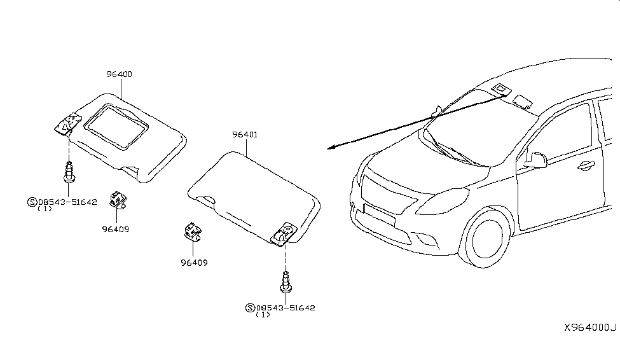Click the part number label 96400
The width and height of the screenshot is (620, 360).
click(x=119, y=74)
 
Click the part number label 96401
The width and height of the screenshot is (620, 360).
click(x=245, y=134)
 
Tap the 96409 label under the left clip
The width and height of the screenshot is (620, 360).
click(x=116, y=229)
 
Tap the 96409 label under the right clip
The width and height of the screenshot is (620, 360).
click(x=194, y=262)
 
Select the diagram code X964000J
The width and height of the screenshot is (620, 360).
click(x=590, y=328)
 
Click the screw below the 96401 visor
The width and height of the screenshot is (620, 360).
click(x=286, y=282)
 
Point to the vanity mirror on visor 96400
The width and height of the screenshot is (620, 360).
click(x=116, y=127)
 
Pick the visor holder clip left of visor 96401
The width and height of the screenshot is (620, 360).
click(x=193, y=231)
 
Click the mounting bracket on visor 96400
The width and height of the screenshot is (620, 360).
click(x=68, y=124)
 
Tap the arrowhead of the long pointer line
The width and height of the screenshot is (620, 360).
click(x=331, y=148)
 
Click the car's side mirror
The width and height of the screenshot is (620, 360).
click(x=536, y=160)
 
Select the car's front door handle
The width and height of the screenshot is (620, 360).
click(x=586, y=166)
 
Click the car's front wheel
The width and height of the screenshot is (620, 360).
click(x=486, y=238)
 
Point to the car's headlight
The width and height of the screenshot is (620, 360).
click(x=442, y=201)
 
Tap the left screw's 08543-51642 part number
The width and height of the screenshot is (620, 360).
click(x=67, y=202)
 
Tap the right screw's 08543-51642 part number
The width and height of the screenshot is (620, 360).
click(x=286, y=308)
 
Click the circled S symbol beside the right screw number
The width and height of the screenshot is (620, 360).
click(x=251, y=308)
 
